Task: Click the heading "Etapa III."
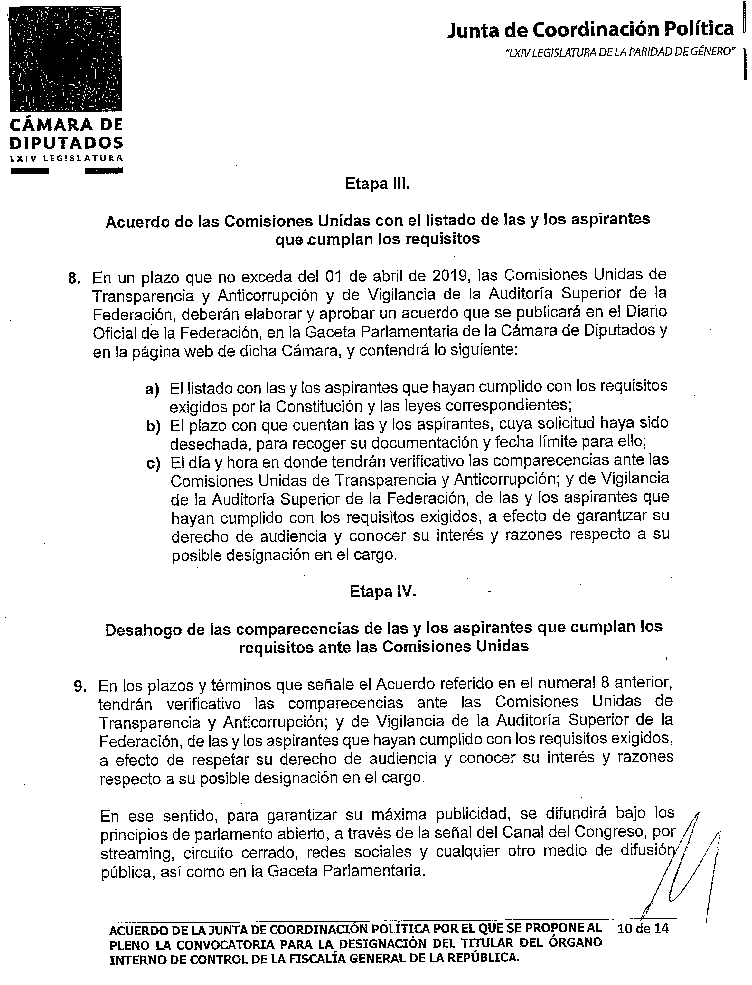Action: click(x=377, y=184)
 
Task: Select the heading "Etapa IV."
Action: click(x=383, y=592)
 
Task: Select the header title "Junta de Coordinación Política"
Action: click(x=590, y=30)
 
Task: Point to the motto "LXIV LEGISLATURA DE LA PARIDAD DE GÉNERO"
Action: click(x=620, y=52)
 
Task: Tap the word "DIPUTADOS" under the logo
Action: click(x=66, y=143)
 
